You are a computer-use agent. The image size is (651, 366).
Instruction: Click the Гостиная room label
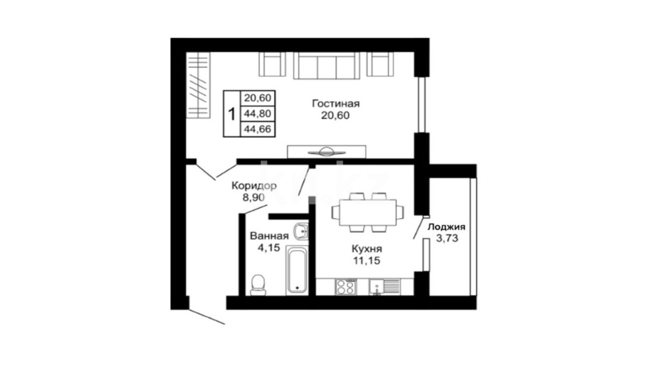point(336,104)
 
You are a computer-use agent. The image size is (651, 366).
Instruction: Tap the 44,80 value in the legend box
point(258,113)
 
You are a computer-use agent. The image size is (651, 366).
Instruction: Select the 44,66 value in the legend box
point(258,129)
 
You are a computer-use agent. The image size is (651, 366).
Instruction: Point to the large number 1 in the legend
point(232,114)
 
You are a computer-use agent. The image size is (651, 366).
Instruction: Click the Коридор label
point(254,185)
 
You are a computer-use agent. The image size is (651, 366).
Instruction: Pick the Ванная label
point(269,236)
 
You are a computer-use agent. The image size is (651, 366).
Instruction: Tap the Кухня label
point(367,249)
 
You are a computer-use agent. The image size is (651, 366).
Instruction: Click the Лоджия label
point(446,227)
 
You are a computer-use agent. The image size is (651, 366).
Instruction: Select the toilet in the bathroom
point(258,285)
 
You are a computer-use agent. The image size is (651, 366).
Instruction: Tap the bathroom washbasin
point(301,231)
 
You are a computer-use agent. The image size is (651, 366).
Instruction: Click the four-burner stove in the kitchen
point(345,287)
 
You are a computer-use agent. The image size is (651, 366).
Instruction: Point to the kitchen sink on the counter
point(384,287)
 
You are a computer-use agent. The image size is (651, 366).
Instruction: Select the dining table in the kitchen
point(368,212)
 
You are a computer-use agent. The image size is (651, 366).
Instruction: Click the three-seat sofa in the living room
point(327,65)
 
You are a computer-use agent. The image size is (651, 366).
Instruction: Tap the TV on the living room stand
point(327,152)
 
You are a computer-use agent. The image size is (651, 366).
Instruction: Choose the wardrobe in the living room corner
point(198,85)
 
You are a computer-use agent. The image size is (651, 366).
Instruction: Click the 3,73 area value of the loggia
point(447,238)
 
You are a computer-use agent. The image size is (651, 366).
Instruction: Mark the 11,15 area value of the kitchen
point(367,261)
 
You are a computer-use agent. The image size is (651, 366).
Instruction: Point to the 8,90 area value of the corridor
point(253,198)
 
